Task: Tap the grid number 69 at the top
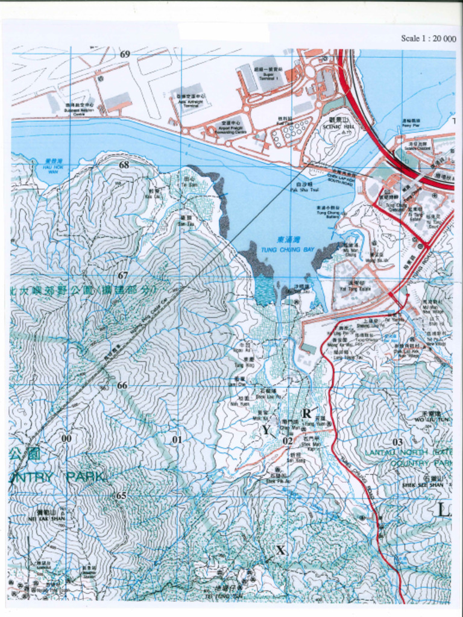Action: coord(125,54)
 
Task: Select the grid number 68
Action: coord(124,164)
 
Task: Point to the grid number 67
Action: coord(123,275)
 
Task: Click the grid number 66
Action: coord(122,385)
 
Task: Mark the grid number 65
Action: coord(121,495)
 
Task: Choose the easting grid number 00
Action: coord(66,438)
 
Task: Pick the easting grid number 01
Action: coord(177,439)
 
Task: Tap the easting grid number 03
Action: coord(397,442)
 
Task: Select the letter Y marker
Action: coord(266,430)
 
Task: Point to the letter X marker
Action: coord(280,550)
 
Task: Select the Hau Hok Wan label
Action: coord(53,166)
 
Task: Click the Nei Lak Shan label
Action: coord(46,516)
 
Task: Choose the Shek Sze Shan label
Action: coord(423,482)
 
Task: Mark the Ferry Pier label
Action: coord(410,124)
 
